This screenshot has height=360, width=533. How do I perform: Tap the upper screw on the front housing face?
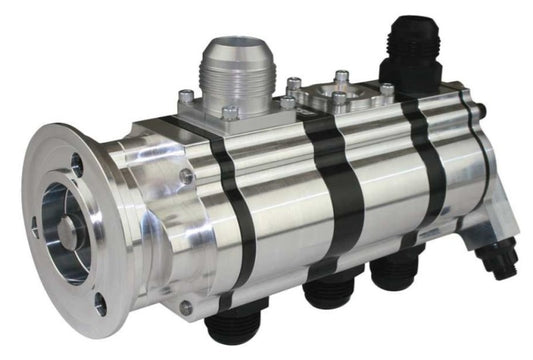(187, 177)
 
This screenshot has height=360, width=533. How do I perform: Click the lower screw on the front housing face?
(186, 306)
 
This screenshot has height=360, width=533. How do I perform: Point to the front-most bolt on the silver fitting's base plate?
(230, 114)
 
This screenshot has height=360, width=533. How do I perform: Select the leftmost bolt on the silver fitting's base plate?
(186, 97)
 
